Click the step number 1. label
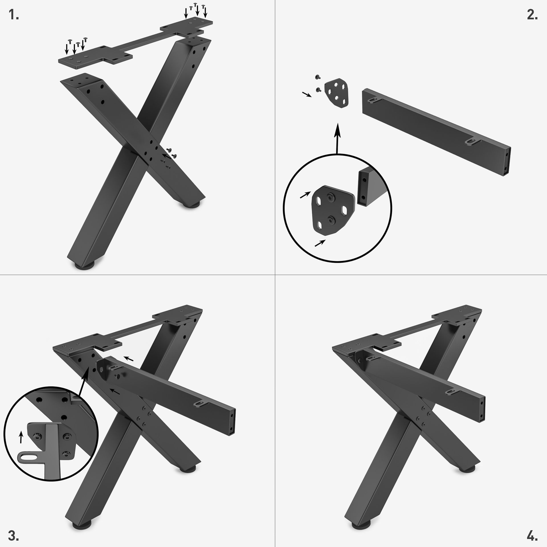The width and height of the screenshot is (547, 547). tap(13, 15)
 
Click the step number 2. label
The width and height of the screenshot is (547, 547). tap(532, 15)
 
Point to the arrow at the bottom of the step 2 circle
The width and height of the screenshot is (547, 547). tap(320, 243)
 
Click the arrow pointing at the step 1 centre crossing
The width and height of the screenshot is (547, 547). tap(166, 156)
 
